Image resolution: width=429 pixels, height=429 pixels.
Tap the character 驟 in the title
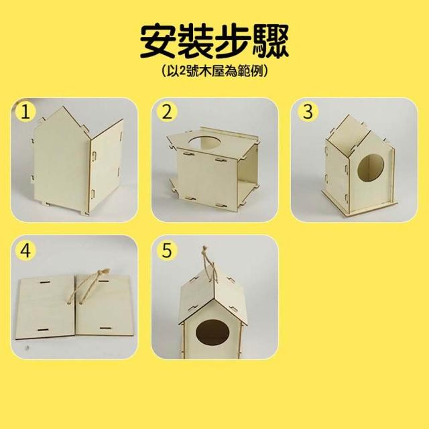[271, 41]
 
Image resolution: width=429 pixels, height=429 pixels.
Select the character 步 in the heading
[233, 41]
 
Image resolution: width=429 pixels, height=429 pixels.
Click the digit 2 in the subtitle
[182, 71]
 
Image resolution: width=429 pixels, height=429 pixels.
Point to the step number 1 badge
[25, 112]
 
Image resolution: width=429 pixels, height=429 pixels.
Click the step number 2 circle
[167, 112]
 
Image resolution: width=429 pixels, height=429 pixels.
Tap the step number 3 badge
[308, 112]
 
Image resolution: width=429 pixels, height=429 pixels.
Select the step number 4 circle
[25, 250]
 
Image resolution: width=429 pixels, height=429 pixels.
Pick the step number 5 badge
[167, 250]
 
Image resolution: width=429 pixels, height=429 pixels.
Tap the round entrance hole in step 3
[371, 168]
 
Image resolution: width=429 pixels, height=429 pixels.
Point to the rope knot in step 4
[104, 273]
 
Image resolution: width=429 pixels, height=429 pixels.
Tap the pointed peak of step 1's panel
[64, 107]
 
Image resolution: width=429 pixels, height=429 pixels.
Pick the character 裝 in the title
[196, 41]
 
